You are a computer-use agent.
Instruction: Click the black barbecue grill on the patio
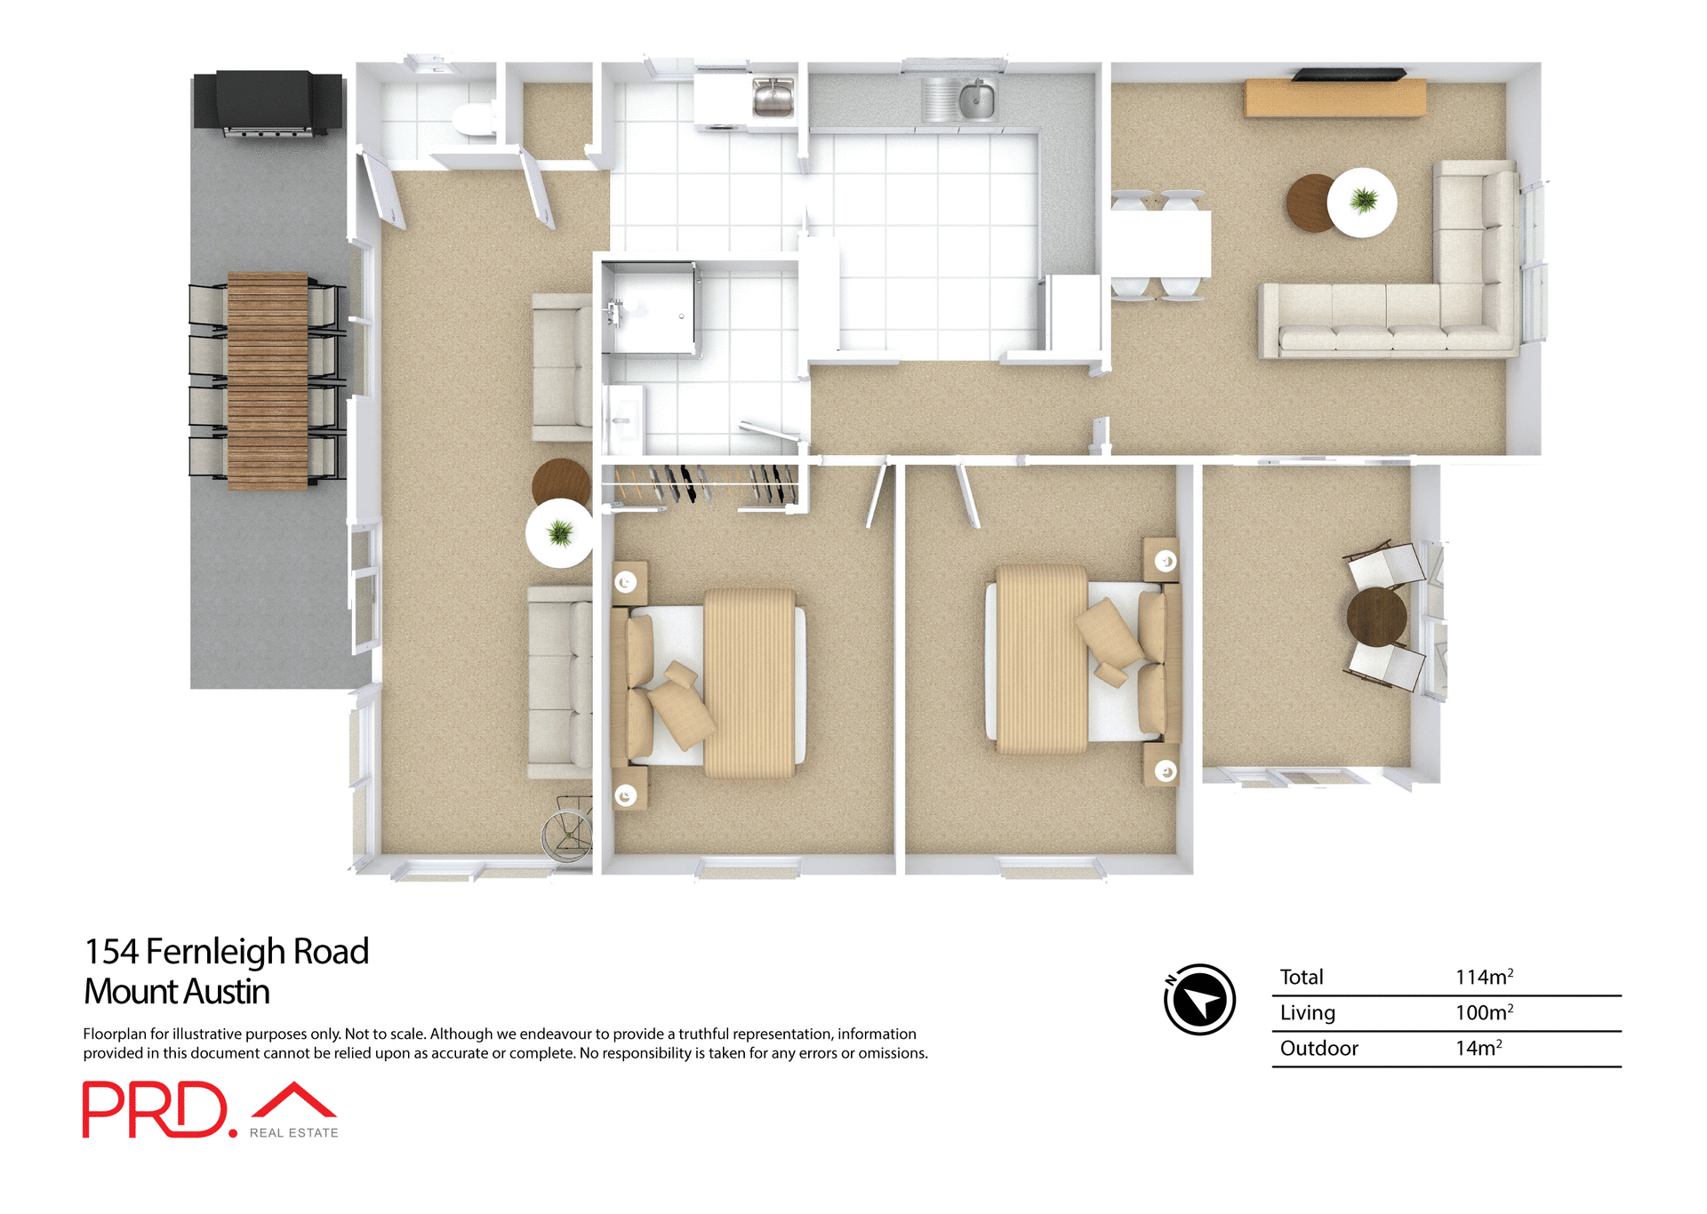click(267, 102)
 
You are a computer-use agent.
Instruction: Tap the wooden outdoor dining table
click(268, 380)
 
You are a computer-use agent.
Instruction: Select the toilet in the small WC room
click(473, 120)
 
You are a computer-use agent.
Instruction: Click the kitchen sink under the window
click(975, 99)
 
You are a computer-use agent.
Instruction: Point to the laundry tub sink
click(773, 97)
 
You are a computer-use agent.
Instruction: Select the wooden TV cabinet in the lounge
click(1334, 98)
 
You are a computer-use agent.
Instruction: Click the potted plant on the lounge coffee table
click(1363, 201)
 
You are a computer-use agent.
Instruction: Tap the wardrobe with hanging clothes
click(702, 485)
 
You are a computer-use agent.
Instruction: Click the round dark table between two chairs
click(1376, 616)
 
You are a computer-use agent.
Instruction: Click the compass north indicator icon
click(1199, 1000)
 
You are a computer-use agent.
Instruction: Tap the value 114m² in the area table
click(1483, 977)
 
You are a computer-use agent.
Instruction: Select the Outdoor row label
click(1318, 1049)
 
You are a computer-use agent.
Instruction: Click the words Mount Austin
click(176, 992)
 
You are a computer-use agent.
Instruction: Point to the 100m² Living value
click(1483, 1012)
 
